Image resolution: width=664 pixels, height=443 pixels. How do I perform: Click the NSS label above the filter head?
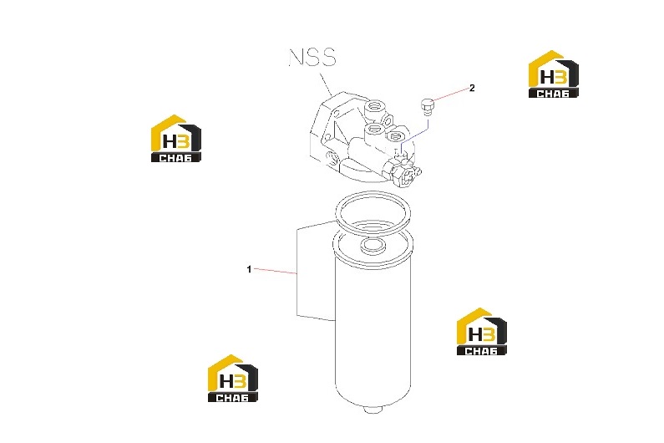click(x=312, y=57)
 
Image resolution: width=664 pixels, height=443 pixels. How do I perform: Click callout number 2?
click(x=472, y=88)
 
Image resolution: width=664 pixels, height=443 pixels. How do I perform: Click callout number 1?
click(x=249, y=269)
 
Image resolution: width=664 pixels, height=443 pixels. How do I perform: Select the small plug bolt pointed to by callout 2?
click(x=427, y=106)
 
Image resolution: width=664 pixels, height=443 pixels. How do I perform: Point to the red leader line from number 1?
click(x=275, y=272)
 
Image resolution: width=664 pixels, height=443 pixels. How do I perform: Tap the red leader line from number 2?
click(x=450, y=94)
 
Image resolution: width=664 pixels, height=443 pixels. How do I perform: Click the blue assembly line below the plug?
click(x=415, y=135)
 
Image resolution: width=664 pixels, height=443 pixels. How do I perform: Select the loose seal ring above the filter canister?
click(x=373, y=212)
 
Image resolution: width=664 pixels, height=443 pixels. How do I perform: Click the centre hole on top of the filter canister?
click(x=373, y=245)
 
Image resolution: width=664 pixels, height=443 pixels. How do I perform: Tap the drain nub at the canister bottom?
click(x=373, y=410)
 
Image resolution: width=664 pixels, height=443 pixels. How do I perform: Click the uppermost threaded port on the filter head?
click(x=375, y=105)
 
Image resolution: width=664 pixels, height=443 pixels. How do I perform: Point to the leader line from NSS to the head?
click(x=326, y=84)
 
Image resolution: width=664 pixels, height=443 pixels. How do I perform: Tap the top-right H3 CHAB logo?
click(x=554, y=74)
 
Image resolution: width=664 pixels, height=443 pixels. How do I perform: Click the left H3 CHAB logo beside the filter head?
click(x=176, y=138)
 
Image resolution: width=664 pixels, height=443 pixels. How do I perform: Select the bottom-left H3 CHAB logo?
click(x=233, y=378)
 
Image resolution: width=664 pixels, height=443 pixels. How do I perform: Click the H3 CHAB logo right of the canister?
click(x=481, y=332)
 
